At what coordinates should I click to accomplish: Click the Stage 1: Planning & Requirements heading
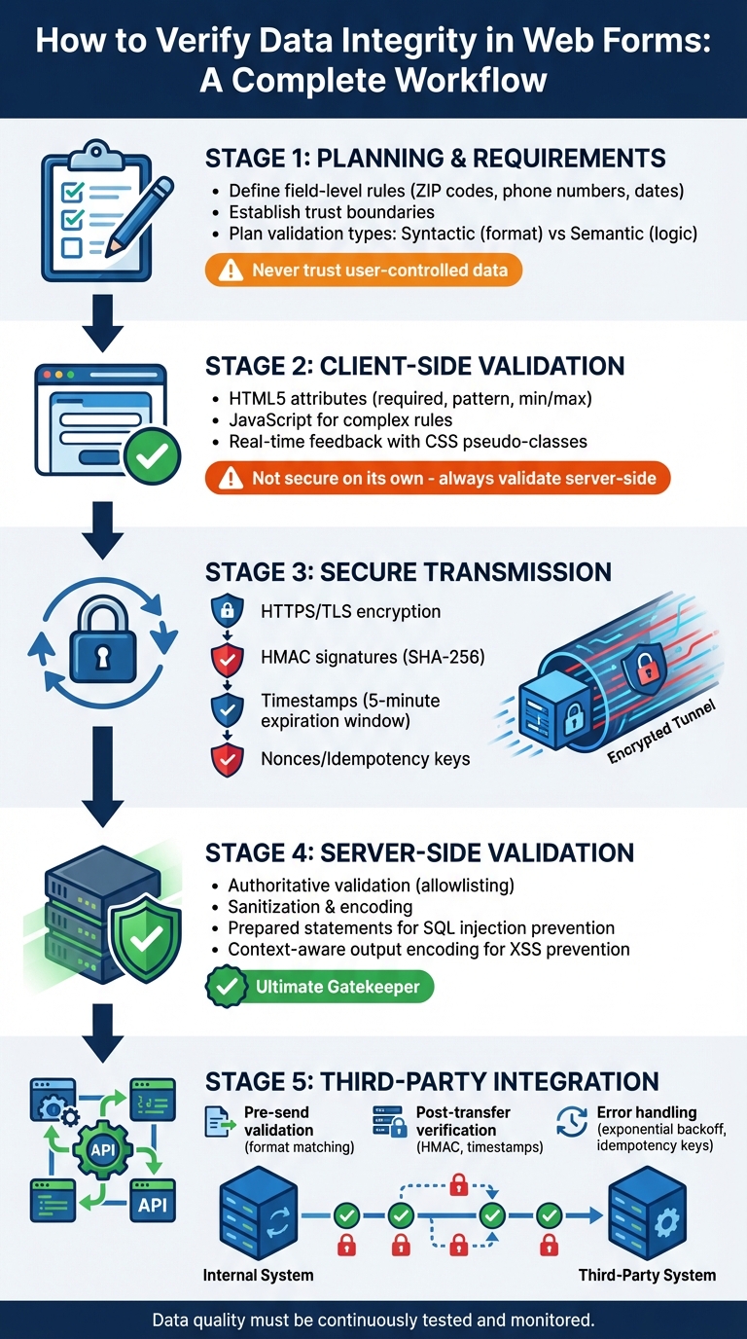436,159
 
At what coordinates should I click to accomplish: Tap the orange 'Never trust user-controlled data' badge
364,270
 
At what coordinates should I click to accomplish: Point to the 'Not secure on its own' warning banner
439,478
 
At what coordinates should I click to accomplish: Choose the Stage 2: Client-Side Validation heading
414,367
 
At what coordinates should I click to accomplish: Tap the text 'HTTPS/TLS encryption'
350,612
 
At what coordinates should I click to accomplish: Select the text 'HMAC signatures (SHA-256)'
373,658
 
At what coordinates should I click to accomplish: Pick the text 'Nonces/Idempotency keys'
365,758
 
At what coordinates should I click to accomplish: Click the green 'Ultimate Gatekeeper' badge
320,988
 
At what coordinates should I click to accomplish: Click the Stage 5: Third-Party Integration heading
432,1080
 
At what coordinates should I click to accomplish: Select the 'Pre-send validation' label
278,1121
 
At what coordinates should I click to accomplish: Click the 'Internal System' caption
258,1275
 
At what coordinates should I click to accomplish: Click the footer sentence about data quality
373,1321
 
